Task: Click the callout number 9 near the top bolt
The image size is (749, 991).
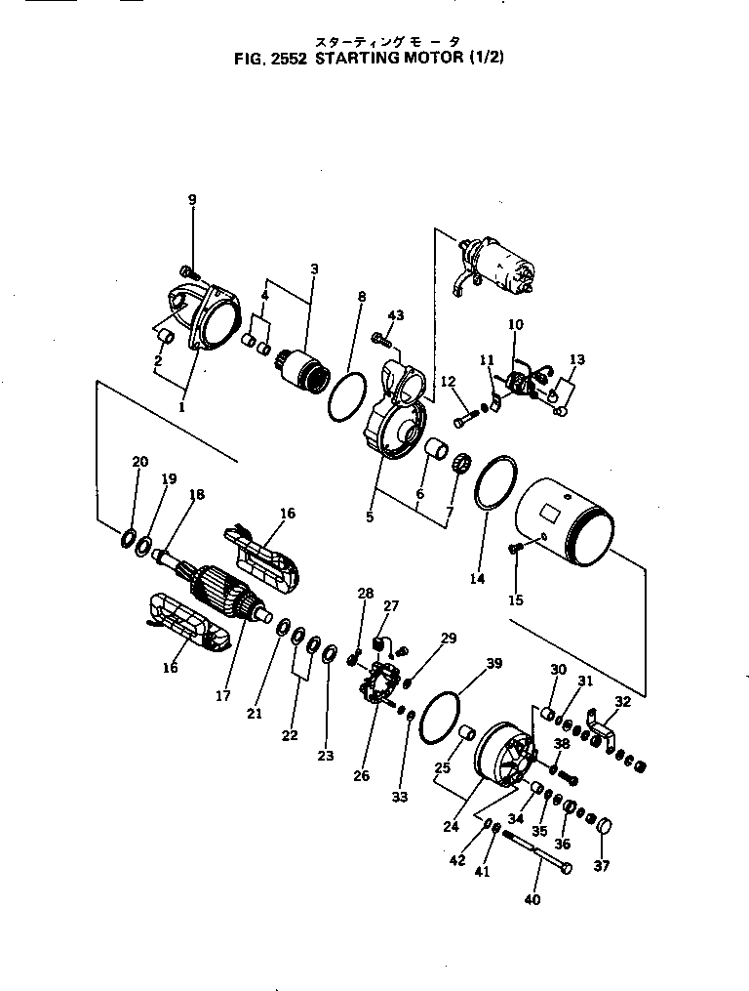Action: (192, 200)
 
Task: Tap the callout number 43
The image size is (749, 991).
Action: (395, 315)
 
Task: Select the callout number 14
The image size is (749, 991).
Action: (477, 579)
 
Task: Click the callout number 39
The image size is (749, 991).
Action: (494, 664)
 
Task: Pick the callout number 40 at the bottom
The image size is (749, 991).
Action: (532, 899)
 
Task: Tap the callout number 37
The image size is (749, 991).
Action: (601, 865)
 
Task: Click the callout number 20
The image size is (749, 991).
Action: (140, 461)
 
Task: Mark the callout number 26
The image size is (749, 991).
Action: (362, 776)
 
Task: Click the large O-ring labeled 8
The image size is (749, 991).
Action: (346, 397)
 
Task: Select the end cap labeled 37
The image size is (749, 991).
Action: (603, 829)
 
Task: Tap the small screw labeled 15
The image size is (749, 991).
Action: (516, 553)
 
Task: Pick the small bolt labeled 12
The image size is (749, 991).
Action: (462, 417)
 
